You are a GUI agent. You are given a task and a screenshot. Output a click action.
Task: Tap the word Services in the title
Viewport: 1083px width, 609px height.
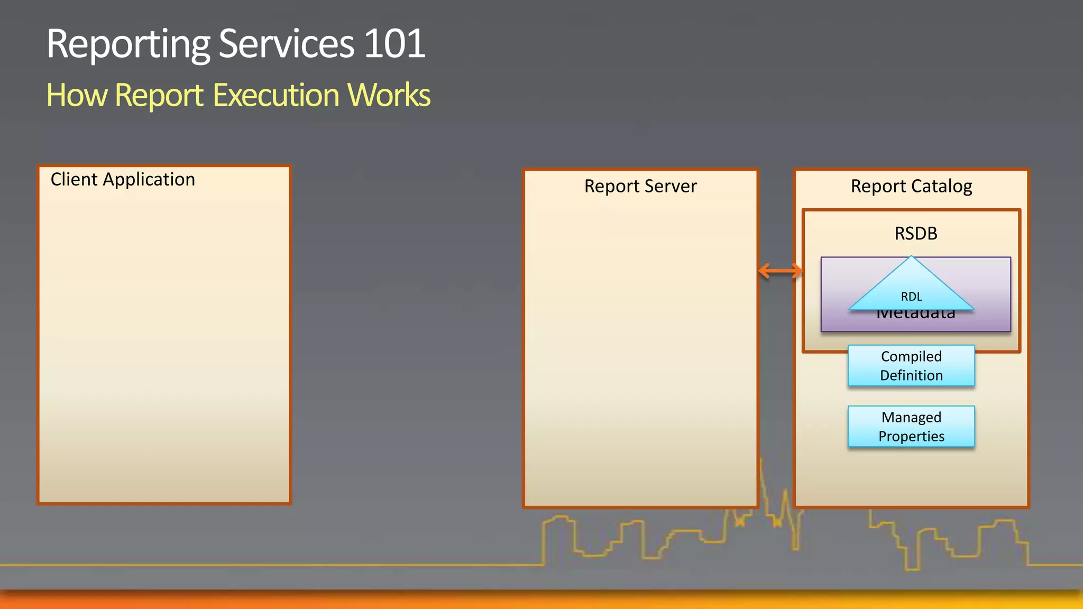286,44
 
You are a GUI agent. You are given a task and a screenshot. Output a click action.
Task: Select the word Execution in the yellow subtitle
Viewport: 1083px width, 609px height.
276,95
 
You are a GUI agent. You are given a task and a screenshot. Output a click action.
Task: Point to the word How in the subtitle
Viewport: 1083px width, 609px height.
77,95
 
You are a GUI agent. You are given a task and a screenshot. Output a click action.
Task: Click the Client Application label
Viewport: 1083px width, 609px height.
123,180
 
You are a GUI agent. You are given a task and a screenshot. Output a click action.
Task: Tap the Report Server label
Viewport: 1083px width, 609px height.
640,186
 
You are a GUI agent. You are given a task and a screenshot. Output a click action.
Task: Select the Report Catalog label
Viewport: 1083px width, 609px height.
911,186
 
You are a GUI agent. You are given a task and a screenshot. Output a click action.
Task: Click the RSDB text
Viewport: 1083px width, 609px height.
915,233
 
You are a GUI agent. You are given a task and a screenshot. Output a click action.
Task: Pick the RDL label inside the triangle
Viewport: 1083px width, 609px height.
911,297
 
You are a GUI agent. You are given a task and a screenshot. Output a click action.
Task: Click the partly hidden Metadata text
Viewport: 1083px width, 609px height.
915,315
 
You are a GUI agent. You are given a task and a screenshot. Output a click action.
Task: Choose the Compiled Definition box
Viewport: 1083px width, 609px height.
911,366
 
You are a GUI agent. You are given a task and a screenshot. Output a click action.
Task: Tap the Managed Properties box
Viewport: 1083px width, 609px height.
911,427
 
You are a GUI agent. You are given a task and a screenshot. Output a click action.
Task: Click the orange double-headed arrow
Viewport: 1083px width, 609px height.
780,271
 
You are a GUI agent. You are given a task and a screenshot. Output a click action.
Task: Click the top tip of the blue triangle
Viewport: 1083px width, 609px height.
911,257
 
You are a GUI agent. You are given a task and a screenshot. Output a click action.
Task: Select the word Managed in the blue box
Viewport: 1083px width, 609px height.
911,417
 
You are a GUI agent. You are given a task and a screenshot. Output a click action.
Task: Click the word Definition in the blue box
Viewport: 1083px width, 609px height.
911,375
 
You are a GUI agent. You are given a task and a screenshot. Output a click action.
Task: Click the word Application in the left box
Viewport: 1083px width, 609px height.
149,180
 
